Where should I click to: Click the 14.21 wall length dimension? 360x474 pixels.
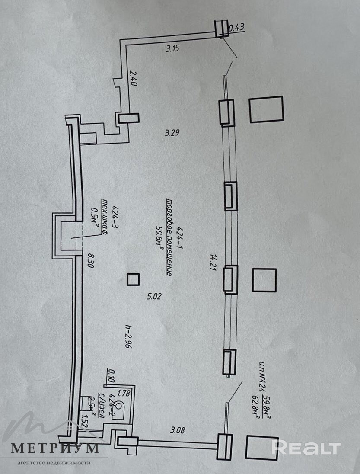[x=212, y=262]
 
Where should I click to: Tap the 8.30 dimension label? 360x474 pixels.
[x=90, y=260]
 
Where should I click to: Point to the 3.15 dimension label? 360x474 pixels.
[x=172, y=48]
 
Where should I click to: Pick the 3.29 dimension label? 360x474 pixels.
[x=172, y=133]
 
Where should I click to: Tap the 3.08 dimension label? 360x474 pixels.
[x=177, y=429]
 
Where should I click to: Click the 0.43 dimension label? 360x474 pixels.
[x=236, y=28]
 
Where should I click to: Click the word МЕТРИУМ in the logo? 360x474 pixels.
[x=54, y=448]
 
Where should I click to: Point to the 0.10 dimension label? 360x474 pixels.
[x=112, y=376]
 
